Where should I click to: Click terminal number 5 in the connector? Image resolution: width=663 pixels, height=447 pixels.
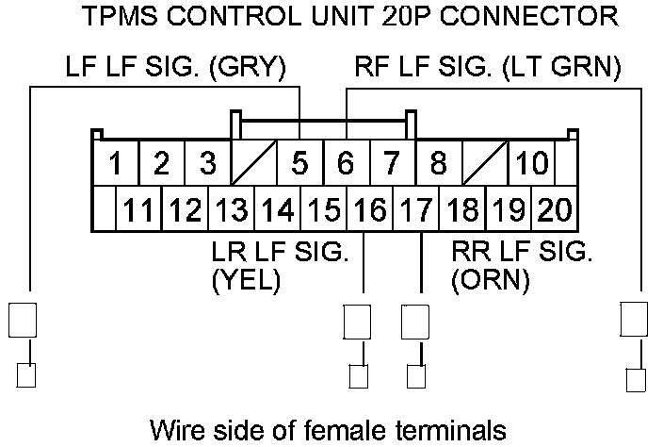299,162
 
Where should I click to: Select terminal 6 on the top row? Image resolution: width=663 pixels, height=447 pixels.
347,162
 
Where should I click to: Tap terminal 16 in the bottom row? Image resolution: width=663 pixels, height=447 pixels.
370,208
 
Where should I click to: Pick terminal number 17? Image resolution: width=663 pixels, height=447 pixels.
416,208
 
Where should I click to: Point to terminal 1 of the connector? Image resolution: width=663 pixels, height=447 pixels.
116,162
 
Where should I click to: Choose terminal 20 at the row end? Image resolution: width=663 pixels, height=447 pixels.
555,208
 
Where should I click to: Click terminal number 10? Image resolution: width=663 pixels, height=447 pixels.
531,162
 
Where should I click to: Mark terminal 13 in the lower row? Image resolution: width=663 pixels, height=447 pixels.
232,208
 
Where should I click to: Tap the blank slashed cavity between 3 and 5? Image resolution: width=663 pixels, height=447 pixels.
253,162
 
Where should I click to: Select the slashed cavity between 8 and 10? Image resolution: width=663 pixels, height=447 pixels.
485,162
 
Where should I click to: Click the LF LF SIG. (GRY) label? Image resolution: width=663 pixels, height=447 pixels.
176,67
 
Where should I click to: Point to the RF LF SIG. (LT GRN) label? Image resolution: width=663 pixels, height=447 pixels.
488,67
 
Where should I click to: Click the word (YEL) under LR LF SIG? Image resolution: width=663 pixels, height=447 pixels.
246,280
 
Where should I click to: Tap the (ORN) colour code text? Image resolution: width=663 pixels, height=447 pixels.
491,280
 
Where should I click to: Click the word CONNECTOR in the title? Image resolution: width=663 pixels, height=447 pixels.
529,16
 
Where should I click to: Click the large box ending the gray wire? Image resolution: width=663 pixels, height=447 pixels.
23,320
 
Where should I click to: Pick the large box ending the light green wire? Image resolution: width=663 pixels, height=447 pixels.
634,319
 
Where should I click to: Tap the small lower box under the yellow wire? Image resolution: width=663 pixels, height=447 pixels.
358,376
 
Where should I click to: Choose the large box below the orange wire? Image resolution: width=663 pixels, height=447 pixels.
415,322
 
